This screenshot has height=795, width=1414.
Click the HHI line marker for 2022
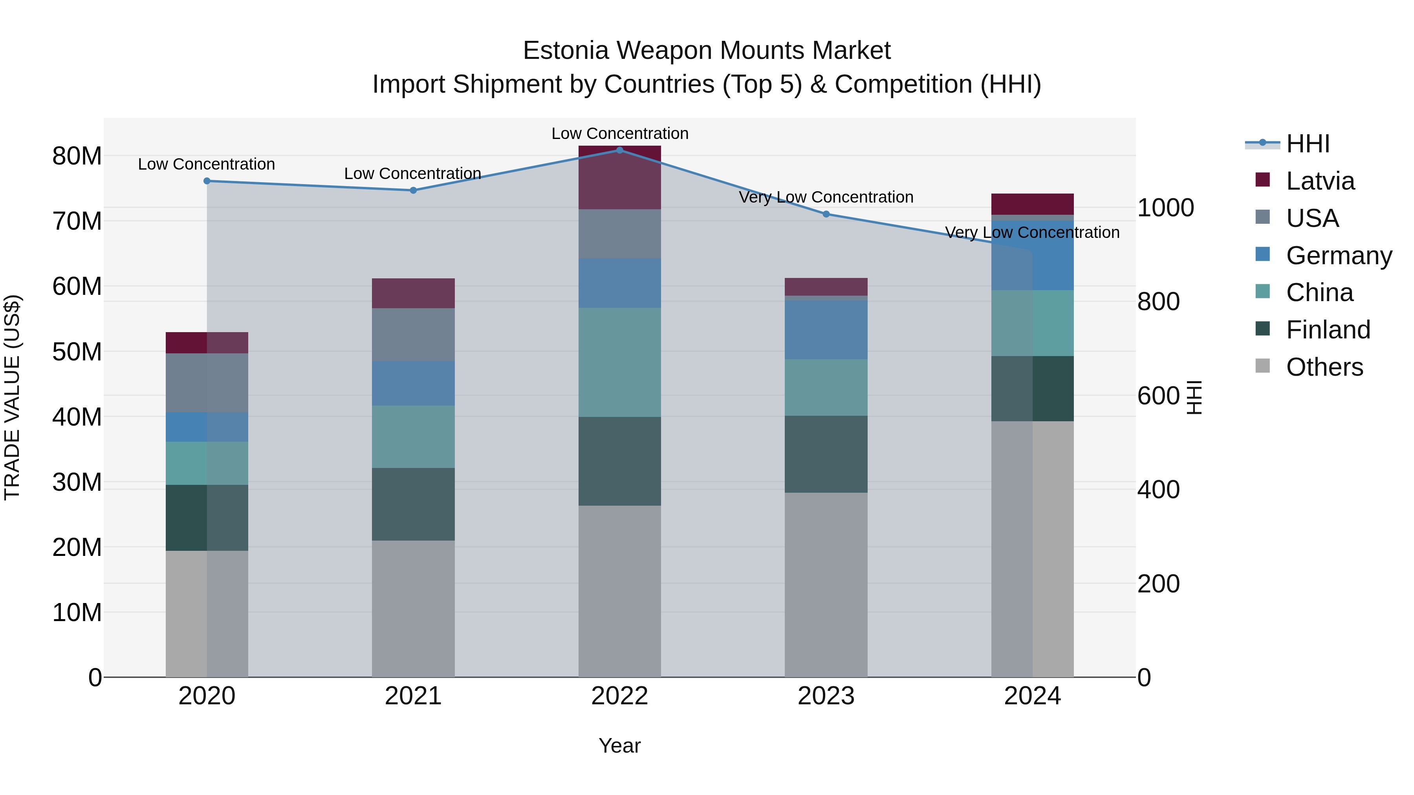point(620,150)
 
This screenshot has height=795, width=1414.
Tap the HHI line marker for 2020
point(207,181)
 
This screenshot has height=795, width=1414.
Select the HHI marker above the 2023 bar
point(826,214)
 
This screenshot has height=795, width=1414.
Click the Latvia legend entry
point(1320,181)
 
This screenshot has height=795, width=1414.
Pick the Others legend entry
point(1324,367)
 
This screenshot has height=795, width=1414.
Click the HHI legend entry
point(1308,144)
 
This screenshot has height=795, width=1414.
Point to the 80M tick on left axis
point(77,156)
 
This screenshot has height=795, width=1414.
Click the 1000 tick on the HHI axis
point(1165,208)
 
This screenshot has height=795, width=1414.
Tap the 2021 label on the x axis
point(413,696)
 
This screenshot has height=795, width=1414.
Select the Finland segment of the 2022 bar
point(620,461)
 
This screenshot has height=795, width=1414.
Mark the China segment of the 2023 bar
point(826,387)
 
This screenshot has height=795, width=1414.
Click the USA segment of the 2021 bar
point(413,334)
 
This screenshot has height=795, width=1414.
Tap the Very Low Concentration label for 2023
point(826,197)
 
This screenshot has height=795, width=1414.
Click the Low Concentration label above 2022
point(620,133)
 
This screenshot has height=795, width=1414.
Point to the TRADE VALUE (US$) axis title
point(12,397)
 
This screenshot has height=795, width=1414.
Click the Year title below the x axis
point(620,746)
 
